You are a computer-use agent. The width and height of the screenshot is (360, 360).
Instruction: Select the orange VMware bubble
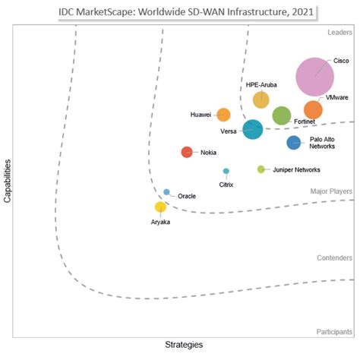313,110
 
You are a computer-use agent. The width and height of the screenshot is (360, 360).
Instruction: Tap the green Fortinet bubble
282,115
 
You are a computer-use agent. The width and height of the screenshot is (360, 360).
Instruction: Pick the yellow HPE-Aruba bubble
261,99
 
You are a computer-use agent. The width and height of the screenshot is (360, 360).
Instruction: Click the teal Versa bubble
253,130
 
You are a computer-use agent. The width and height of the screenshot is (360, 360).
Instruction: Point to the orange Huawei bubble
223,115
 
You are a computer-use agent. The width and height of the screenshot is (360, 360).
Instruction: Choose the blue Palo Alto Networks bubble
293,143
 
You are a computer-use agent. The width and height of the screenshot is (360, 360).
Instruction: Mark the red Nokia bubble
187,152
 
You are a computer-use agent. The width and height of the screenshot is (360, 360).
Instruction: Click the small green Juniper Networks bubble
261,169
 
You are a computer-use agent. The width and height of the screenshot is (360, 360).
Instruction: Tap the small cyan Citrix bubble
226,171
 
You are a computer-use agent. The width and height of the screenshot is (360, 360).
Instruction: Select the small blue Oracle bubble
166,192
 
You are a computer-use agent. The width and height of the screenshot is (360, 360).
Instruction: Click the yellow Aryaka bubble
160,207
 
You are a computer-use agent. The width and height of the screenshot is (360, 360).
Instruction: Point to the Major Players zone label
332,191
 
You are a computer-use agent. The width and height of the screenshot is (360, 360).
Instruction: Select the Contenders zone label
333,258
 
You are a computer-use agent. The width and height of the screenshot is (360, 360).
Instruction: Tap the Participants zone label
333,332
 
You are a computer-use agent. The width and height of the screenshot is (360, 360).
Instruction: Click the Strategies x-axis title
184,346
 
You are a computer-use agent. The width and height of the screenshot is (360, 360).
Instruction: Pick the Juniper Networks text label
296,169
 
